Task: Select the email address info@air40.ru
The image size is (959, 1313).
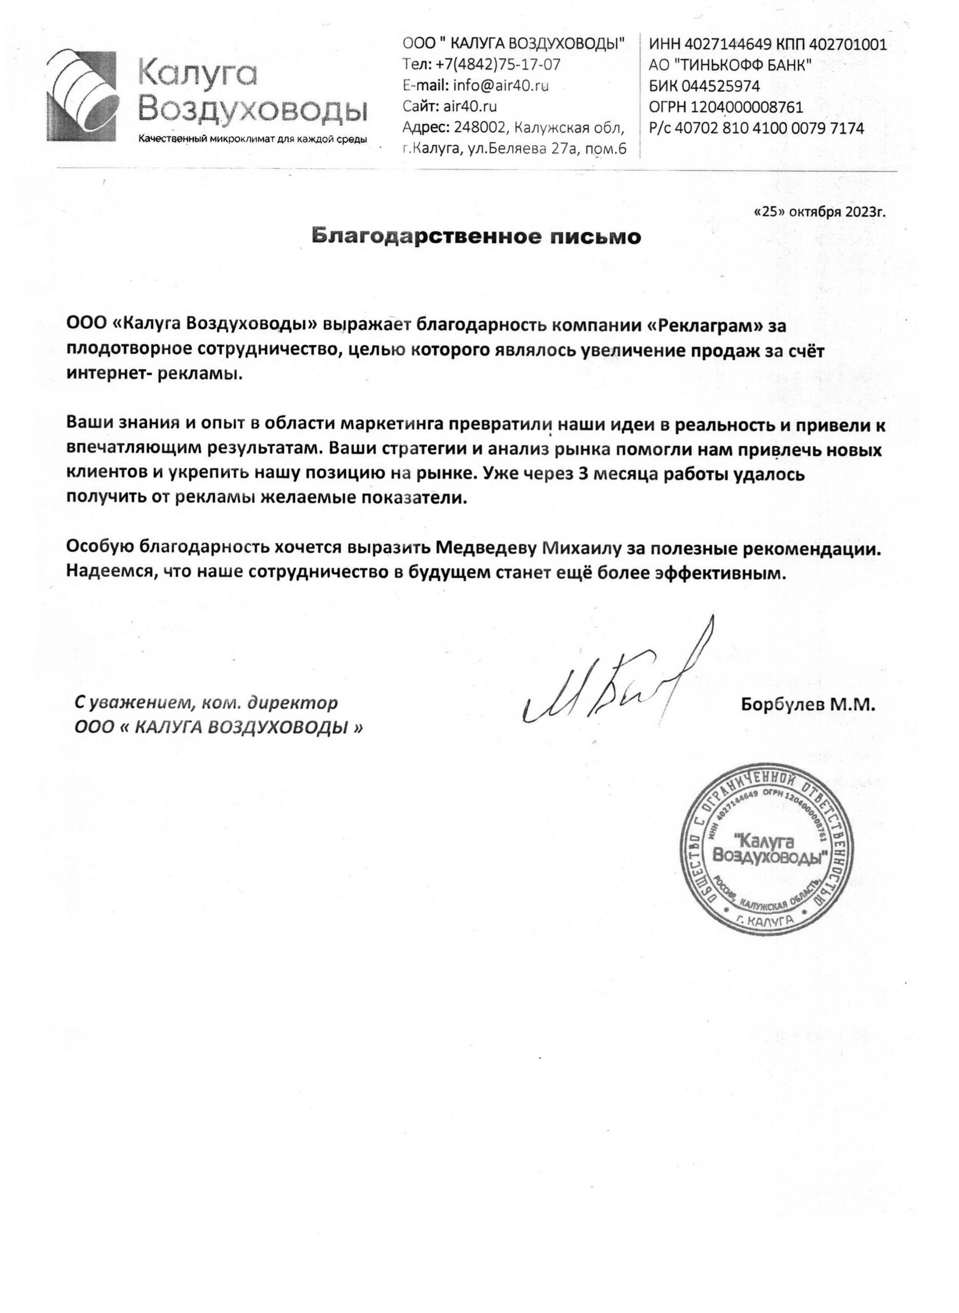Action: [x=501, y=86]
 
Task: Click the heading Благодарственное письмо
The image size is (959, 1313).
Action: [x=476, y=237]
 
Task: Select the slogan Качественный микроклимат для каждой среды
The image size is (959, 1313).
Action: [x=252, y=140]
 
